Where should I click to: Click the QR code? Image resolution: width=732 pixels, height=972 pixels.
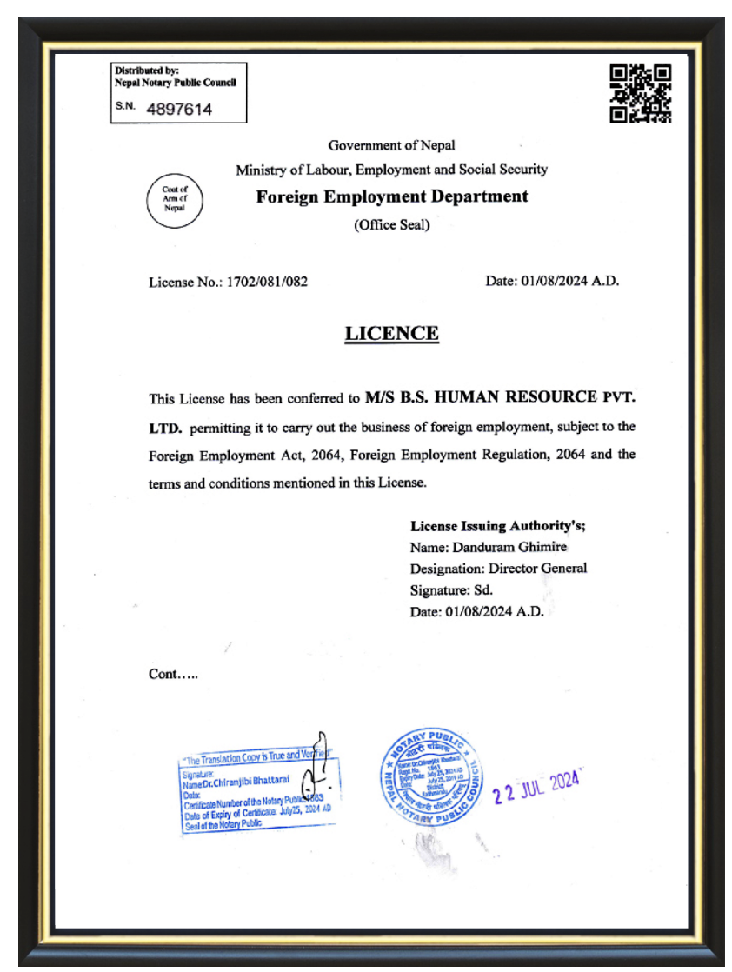click(641, 93)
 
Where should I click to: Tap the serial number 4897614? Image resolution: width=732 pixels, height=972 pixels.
click(179, 110)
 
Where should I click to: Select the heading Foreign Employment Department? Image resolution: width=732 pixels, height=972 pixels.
click(391, 196)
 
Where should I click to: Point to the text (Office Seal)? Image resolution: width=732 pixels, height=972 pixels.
click(391, 225)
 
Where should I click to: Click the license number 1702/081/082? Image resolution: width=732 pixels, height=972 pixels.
click(267, 282)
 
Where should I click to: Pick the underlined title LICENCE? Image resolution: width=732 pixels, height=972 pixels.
click(391, 334)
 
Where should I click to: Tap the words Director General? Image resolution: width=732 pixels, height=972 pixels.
click(537, 569)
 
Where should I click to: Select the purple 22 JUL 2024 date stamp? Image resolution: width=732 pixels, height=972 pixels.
click(536, 787)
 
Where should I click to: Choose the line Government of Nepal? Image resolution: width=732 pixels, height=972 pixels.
click(391, 145)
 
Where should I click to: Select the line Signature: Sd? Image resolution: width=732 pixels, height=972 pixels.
click(451, 590)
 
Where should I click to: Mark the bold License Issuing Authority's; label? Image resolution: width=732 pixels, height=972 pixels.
click(503, 526)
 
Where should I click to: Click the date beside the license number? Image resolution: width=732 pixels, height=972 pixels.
click(552, 282)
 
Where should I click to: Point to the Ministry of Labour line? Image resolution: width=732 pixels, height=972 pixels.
click(391, 170)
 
